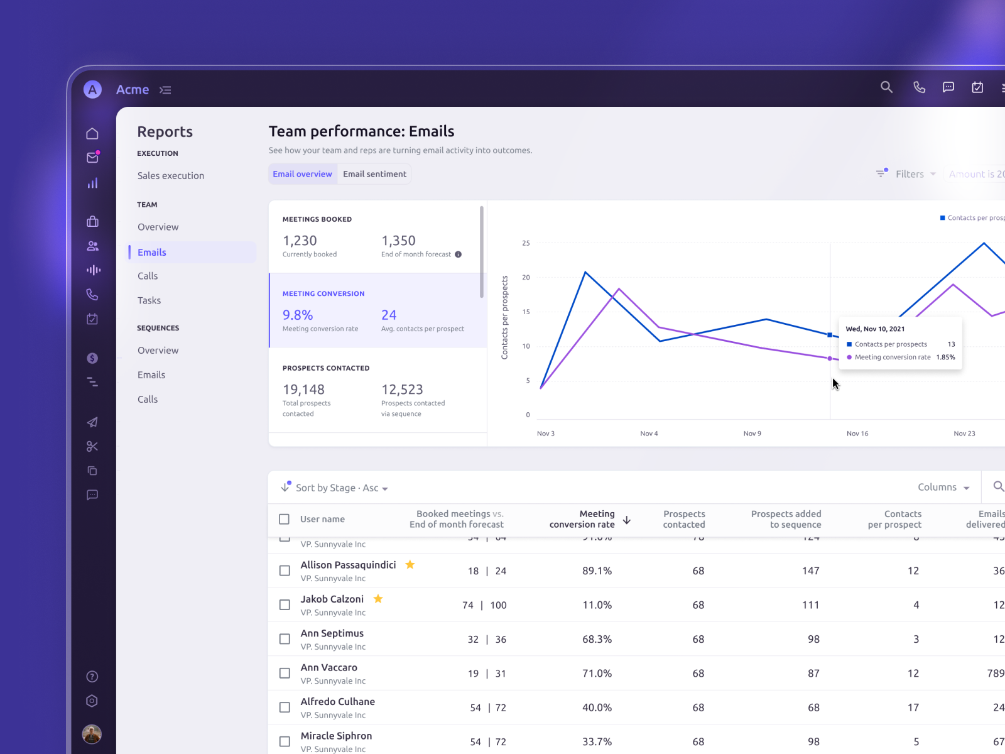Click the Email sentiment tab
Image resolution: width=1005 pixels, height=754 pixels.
coord(374,174)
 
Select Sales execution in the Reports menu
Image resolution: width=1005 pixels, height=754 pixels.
coord(171,176)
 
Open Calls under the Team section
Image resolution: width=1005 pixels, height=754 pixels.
coord(148,276)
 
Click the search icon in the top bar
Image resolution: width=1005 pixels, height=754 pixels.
coord(886,87)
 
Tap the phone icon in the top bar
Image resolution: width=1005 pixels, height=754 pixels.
coord(919,87)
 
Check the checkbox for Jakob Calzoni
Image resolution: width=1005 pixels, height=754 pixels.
coord(285,604)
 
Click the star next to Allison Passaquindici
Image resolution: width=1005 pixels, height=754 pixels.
coord(410,564)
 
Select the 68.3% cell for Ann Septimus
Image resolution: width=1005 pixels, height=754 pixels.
coord(597,639)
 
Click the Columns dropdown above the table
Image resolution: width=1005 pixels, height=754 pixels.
coord(943,488)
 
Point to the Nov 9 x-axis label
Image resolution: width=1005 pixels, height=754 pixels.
coord(752,434)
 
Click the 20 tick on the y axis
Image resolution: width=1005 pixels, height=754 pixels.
coord(526,277)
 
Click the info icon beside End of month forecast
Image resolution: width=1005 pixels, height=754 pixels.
coord(458,254)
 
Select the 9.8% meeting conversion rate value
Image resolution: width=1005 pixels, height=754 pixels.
coord(298,315)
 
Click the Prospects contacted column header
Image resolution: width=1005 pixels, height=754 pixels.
coord(684,519)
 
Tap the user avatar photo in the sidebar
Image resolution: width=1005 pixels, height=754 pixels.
coord(92,733)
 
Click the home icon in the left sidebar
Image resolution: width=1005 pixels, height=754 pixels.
coord(92,133)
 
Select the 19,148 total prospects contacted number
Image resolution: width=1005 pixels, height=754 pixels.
coord(303,390)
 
